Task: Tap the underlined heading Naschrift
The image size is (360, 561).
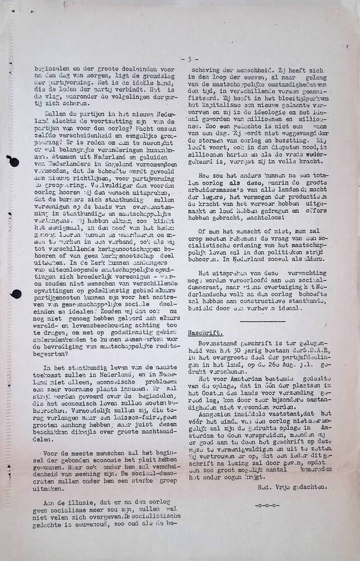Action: click(x=201, y=332)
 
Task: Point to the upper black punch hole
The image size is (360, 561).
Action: click(x=13, y=163)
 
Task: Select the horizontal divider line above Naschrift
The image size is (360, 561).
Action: click(x=261, y=321)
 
